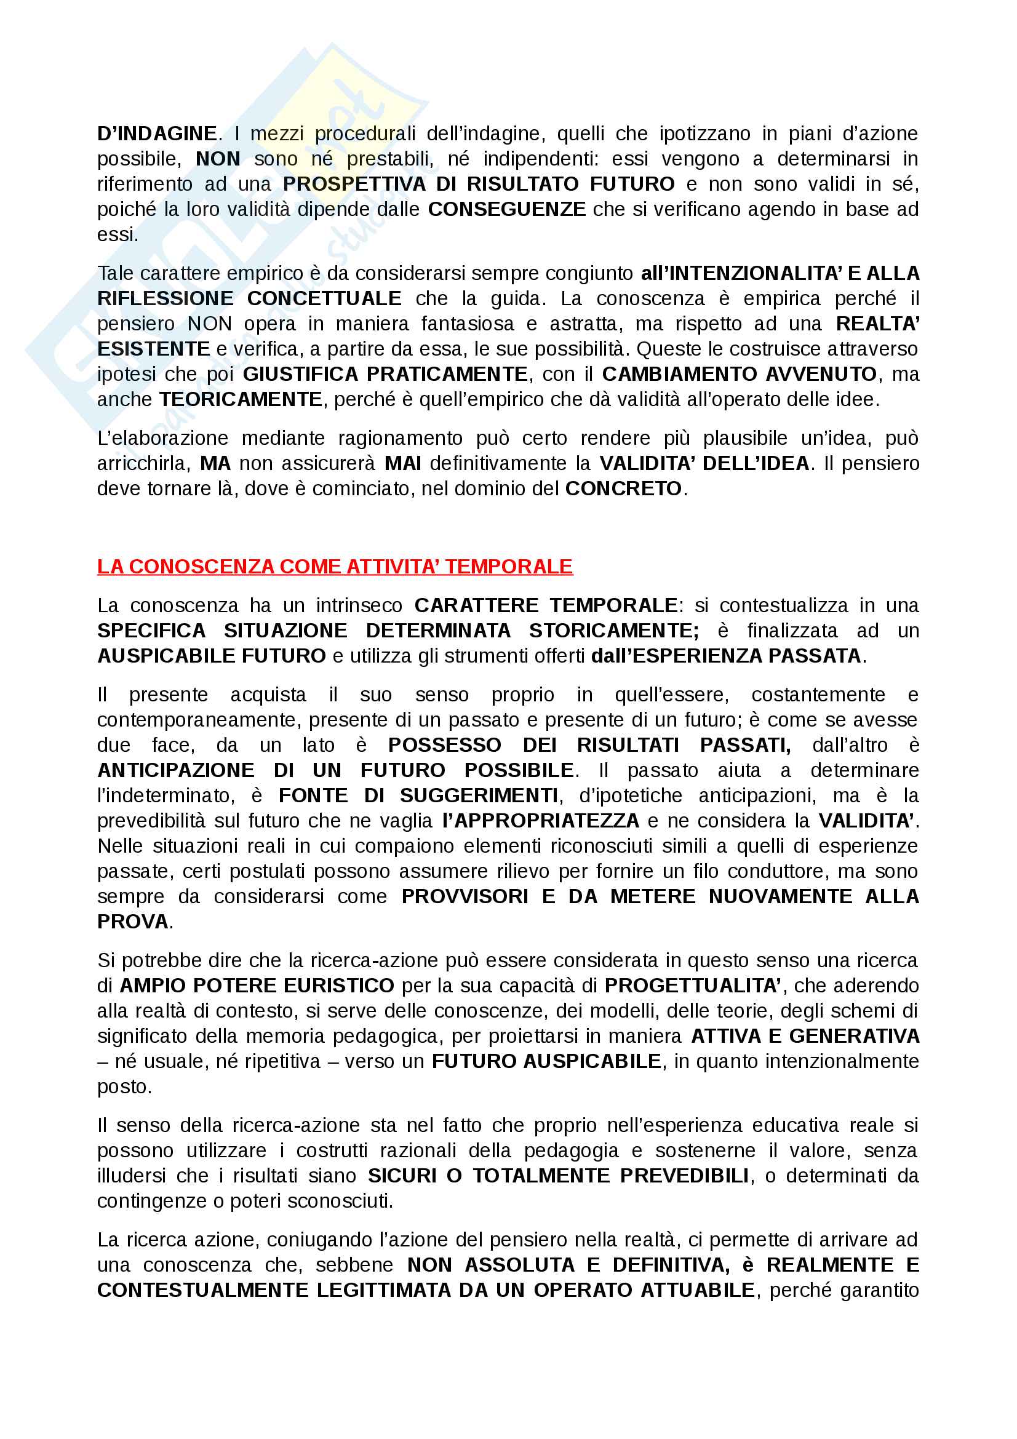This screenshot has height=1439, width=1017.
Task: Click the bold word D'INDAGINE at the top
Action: click(x=158, y=134)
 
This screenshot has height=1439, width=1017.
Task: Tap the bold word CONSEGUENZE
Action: click(x=506, y=209)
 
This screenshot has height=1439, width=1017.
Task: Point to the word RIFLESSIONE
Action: click(x=165, y=298)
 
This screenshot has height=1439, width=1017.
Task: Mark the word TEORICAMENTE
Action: click(x=241, y=399)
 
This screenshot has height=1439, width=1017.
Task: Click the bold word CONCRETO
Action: click(x=623, y=488)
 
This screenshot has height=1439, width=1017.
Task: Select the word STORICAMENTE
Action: click(x=613, y=631)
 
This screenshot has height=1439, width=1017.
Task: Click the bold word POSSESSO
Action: click(x=444, y=744)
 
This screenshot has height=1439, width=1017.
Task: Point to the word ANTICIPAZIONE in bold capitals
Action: click(x=175, y=770)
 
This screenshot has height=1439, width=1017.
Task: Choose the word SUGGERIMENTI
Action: click(x=479, y=795)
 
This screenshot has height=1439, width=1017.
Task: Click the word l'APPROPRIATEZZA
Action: click(x=540, y=821)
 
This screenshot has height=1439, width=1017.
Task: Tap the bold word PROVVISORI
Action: click(x=465, y=896)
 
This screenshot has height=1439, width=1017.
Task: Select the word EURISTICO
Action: click(x=338, y=985)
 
